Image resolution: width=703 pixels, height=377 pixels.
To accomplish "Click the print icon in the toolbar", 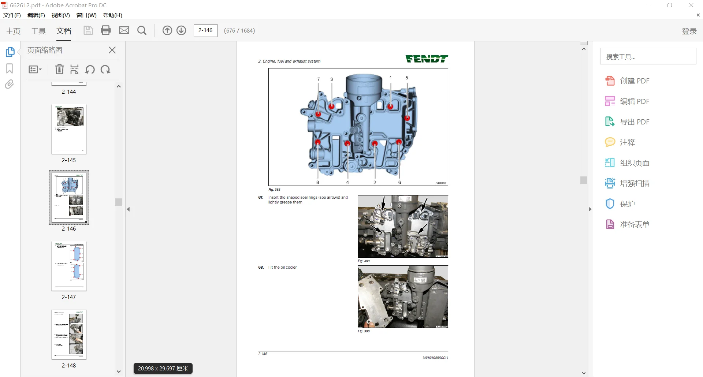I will point(106,30).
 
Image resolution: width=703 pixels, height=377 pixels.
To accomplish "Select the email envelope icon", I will point(124,30).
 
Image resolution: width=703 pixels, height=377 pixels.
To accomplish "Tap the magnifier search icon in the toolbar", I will point(142,30).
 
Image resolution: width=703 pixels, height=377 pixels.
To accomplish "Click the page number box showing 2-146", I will point(205,30).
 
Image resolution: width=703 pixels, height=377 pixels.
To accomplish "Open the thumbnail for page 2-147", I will point(69,266).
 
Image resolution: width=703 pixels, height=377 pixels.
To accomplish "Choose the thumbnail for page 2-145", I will point(69,129).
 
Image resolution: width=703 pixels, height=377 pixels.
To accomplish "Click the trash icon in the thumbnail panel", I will point(59,69).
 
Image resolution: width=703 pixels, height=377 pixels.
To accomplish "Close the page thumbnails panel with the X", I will point(112,50).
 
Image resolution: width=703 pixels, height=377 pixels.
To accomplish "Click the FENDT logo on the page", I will point(427,59).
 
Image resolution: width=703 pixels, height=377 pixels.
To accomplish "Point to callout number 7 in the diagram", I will point(319,79).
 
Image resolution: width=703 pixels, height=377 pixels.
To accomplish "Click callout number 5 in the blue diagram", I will point(406,78).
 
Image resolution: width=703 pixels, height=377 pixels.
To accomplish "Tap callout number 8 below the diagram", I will point(317,182).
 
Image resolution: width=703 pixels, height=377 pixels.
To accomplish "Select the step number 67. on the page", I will point(261,198).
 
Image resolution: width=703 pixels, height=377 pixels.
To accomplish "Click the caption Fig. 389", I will point(364,261).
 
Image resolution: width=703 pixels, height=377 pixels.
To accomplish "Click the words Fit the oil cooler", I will point(282,268).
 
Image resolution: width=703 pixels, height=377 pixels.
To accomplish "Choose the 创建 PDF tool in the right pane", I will point(634,81).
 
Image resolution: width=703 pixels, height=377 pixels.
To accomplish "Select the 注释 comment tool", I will point(627,142).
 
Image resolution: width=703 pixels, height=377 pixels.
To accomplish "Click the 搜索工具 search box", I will point(648,57).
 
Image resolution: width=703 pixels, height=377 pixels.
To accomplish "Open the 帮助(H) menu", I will point(112,15).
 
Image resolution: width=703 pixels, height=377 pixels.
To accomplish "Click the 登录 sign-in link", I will point(689,31).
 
